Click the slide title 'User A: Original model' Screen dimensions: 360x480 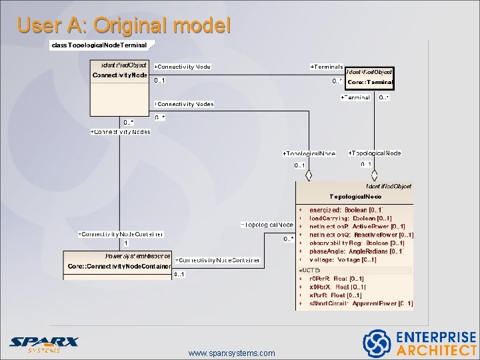(x=124, y=25)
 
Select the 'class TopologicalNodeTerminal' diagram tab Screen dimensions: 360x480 (x=99, y=45)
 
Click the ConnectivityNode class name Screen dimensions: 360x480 (x=120, y=75)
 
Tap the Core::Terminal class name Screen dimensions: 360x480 (x=371, y=82)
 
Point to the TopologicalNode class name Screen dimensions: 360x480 (x=356, y=197)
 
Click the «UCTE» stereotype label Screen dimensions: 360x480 (x=310, y=269)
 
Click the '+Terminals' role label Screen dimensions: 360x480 (x=327, y=67)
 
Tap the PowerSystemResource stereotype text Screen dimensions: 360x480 (x=137, y=256)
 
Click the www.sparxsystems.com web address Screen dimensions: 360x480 (x=231, y=353)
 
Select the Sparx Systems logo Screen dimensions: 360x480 (x=44, y=344)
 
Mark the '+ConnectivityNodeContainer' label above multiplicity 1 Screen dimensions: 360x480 (x=120, y=234)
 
